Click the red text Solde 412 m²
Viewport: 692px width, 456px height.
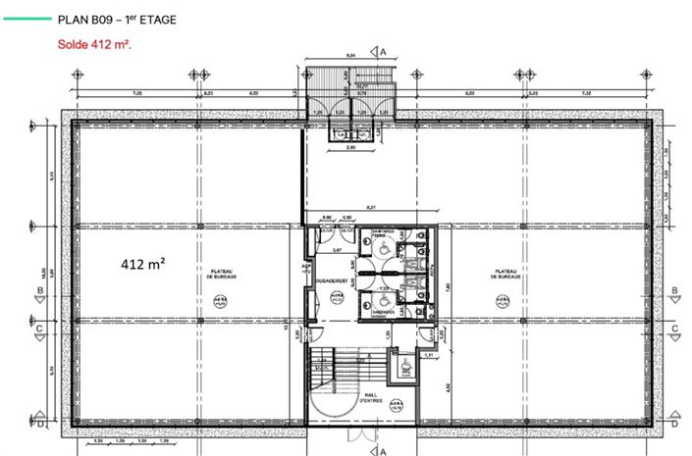pos(94,44)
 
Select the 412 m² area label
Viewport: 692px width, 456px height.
pos(141,264)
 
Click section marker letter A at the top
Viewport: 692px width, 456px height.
pos(385,50)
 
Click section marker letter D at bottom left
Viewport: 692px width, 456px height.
pos(39,425)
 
